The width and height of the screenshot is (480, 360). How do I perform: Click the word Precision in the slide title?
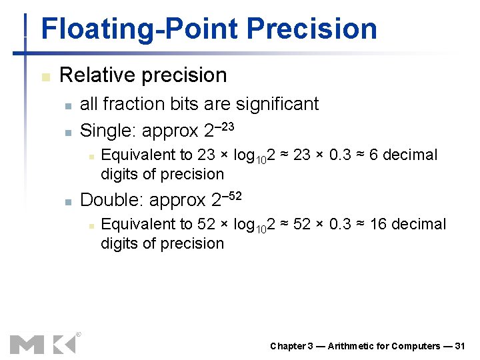pyautogui.click(x=311, y=29)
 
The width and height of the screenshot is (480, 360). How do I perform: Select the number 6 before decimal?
pyautogui.click(x=373, y=155)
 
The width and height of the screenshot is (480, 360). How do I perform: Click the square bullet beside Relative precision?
pyautogui.click(x=45, y=77)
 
